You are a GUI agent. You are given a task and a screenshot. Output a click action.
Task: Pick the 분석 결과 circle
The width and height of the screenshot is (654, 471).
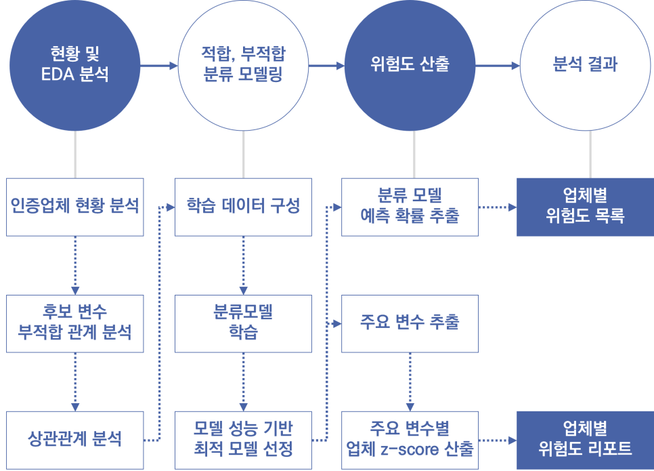coord(585,65)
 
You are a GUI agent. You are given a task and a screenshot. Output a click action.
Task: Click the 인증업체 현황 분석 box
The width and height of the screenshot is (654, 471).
coord(74,207)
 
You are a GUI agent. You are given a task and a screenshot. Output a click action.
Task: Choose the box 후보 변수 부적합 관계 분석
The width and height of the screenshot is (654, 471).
coord(74,323)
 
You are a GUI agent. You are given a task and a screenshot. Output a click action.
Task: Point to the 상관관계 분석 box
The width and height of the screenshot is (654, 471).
coord(74,439)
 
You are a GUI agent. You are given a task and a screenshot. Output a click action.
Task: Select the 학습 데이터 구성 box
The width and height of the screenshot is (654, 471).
coord(243,207)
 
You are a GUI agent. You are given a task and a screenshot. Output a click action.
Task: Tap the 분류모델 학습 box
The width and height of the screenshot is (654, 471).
coord(243,323)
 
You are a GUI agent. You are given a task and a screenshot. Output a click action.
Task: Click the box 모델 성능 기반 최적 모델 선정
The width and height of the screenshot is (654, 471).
coord(243,439)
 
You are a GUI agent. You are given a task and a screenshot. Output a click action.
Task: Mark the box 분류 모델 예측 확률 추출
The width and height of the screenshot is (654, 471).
coord(410,207)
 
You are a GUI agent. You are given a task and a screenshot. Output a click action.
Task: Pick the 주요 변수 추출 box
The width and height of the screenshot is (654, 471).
coord(410,323)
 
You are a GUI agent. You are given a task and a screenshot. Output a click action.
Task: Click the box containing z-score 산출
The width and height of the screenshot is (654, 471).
coord(410,439)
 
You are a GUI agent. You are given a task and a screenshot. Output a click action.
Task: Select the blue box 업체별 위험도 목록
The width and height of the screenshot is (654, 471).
coord(585,207)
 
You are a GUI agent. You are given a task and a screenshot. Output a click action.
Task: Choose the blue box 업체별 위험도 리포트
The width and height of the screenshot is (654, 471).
coord(585,439)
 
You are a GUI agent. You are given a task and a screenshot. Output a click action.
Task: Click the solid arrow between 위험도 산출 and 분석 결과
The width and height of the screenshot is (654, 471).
coord(498,66)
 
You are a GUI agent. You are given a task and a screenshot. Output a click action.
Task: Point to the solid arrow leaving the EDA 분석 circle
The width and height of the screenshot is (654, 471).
coord(158,66)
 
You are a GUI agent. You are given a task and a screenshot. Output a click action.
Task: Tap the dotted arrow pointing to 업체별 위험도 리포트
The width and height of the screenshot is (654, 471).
coord(498,440)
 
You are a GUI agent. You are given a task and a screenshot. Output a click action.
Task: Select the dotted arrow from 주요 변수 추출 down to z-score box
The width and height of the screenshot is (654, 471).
coord(410,381)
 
